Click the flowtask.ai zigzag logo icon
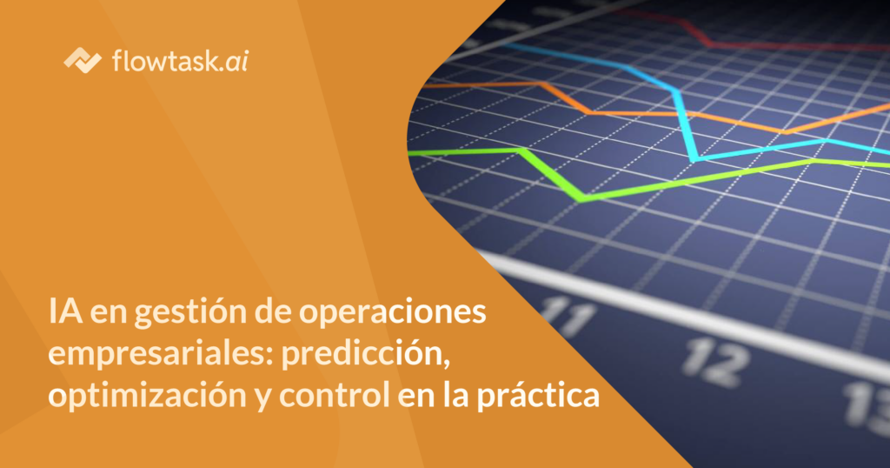point(83,60)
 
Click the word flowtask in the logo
point(165,60)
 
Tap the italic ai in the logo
point(237,61)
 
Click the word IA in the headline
point(65,311)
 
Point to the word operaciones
point(392,313)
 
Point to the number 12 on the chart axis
point(714,363)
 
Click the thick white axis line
point(681,316)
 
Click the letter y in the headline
point(262,400)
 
